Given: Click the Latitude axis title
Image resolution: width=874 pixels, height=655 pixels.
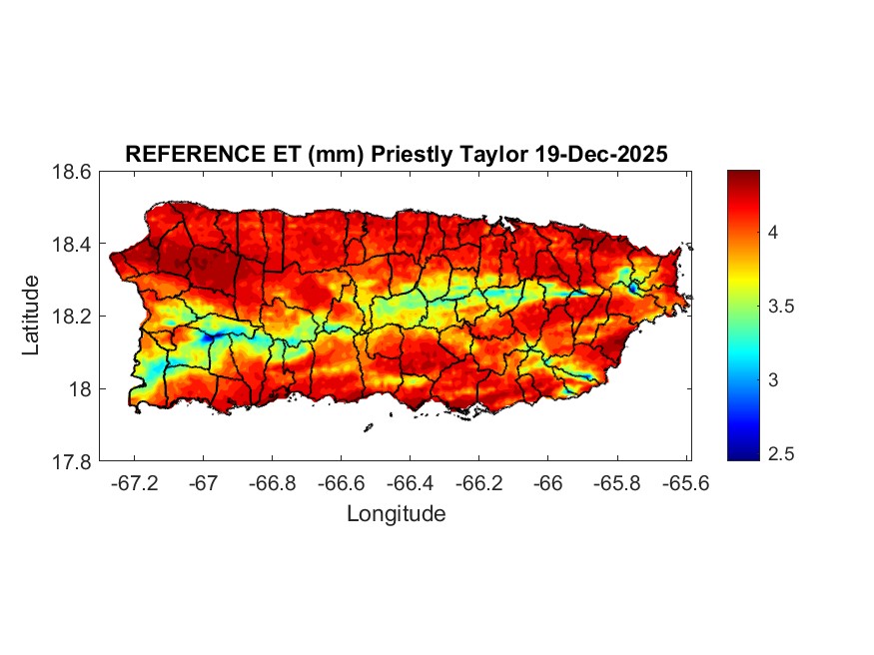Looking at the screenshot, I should [32, 316].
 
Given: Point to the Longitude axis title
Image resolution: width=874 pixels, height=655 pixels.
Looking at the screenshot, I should [396, 514].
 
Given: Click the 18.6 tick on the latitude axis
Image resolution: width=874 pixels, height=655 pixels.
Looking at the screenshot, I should [72, 172].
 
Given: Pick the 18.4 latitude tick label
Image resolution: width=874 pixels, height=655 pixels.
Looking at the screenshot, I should [72, 245].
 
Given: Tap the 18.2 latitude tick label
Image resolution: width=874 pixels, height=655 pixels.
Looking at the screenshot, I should [72, 317].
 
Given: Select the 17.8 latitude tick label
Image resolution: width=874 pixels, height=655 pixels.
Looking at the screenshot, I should [72, 461].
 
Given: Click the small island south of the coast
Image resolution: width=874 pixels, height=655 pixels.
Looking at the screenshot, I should [368, 427].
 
